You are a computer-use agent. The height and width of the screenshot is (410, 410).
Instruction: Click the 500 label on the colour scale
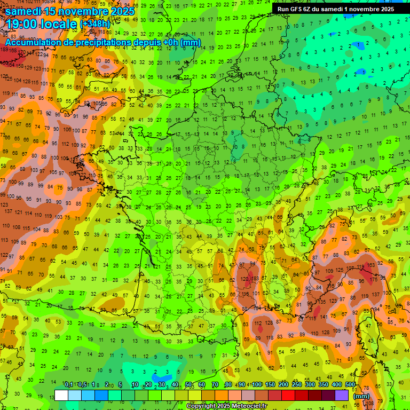[x=350, y=385]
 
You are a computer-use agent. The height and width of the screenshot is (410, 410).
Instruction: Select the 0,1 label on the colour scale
[x=68, y=385]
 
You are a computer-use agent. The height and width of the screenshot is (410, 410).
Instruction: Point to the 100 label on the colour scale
[x=256, y=385]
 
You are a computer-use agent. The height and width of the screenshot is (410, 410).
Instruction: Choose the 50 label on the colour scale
[x=188, y=385]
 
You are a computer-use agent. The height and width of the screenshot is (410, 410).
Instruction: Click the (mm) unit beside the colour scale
[x=362, y=396]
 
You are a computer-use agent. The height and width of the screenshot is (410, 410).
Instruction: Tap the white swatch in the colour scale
[x=61, y=395]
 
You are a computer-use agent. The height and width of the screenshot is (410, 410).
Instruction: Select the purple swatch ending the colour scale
[x=342, y=395]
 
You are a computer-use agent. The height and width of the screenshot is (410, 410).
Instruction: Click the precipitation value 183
[x=256, y=279]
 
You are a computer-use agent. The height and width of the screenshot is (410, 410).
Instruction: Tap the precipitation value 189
[x=4, y=50]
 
